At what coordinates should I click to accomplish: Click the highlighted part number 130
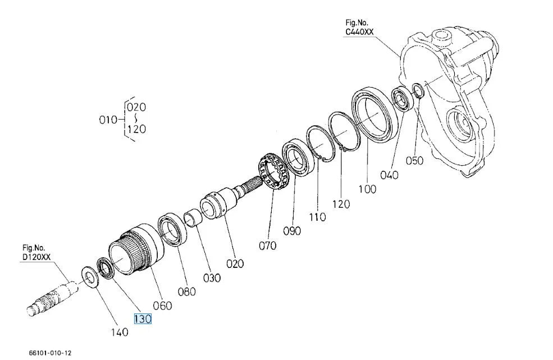click(x=143, y=318)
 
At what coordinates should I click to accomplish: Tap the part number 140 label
click(x=120, y=332)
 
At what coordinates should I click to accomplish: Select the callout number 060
click(x=163, y=306)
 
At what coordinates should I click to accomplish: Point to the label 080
click(x=186, y=291)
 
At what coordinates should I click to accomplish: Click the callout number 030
click(x=212, y=278)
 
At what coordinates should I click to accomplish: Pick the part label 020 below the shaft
click(x=235, y=263)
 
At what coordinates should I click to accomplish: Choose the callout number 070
click(x=268, y=245)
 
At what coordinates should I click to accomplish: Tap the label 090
click(x=292, y=231)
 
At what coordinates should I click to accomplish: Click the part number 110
click(x=317, y=217)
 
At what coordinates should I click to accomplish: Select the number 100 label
click(x=368, y=189)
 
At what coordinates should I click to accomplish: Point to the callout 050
click(x=414, y=161)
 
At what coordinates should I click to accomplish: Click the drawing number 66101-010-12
click(x=50, y=353)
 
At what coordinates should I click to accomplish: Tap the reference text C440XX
click(x=359, y=32)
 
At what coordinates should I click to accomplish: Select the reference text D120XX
click(x=36, y=257)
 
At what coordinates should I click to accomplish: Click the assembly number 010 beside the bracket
click(x=108, y=120)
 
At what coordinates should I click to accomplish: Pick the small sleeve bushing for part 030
click(x=193, y=218)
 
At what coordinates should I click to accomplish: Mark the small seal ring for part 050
click(x=418, y=90)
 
